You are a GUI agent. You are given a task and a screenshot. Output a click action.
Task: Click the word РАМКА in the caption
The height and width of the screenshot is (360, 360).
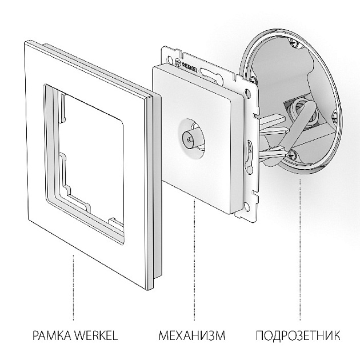pyautogui.click(x=53, y=335)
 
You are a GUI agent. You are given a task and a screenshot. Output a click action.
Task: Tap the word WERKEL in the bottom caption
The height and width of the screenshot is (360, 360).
pyautogui.click(x=97, y=335)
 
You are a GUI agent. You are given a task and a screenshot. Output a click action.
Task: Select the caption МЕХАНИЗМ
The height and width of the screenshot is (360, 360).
pyautogui.click(x=192, y=335)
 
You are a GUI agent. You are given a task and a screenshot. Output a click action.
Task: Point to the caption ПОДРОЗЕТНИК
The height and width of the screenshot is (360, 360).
pyautogui.click(x=298, y=335)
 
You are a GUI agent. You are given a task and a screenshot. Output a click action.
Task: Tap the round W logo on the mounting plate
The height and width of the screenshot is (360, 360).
pyautogui.click(x=178, y=62)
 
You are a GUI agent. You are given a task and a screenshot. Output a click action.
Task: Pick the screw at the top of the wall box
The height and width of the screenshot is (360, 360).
pyautogui.click(x=293, y=42)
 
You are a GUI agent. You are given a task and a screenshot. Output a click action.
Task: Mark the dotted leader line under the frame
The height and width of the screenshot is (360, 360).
pyautogui.click(x=74, y=287)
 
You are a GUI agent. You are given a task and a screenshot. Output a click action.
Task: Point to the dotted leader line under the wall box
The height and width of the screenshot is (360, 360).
pyautogui.click(x=300, y=250)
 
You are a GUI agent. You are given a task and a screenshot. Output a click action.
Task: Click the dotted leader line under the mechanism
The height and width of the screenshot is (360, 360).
pyautogui.click(x=194, y=261)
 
